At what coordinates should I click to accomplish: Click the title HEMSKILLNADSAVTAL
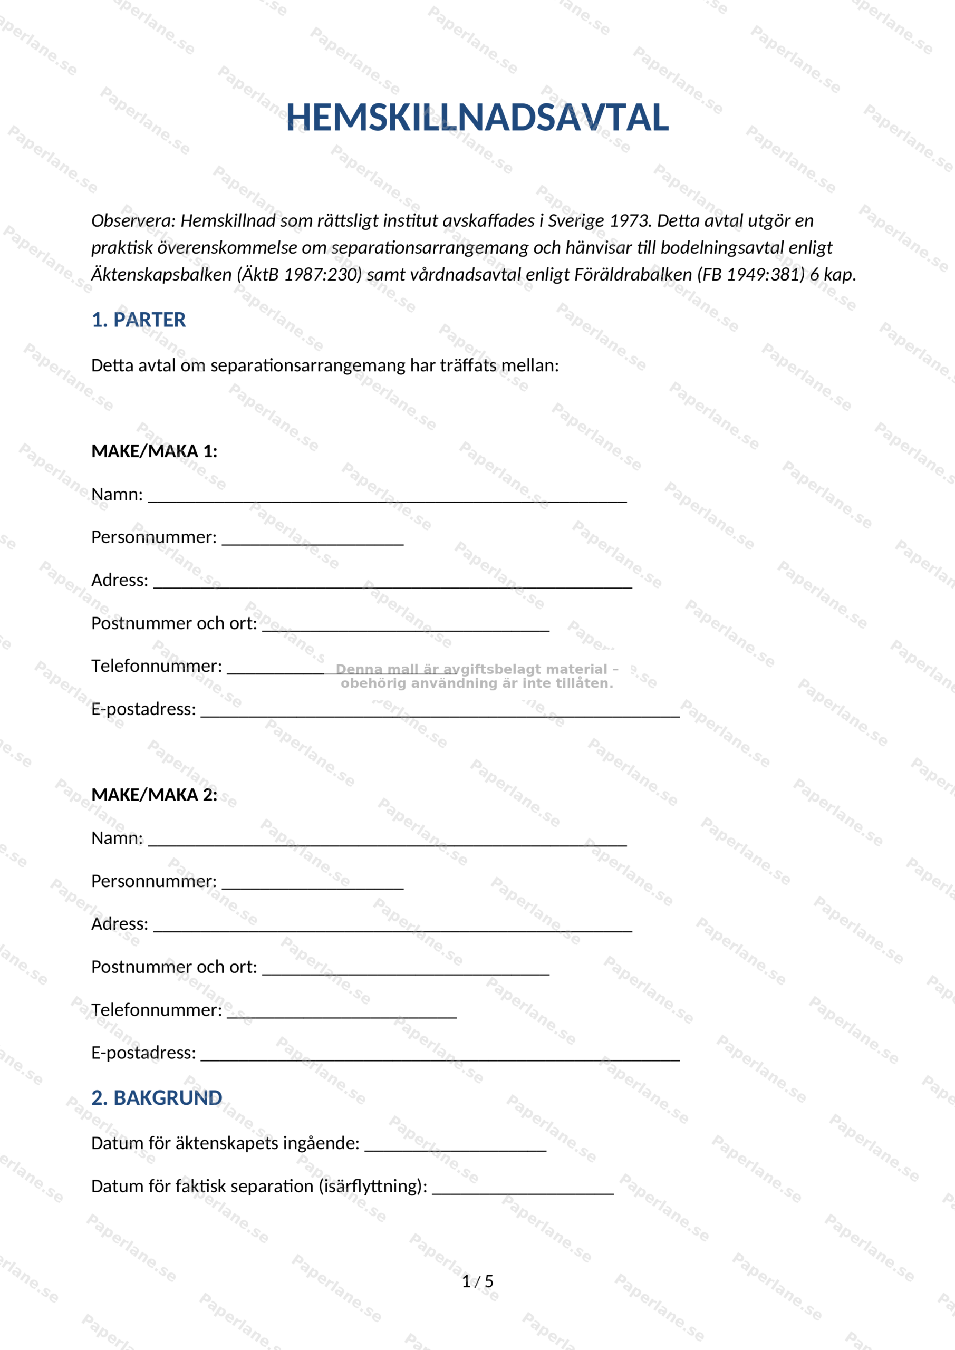(477, 118)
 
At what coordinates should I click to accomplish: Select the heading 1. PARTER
(138, 320)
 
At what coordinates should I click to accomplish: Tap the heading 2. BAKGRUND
(157, 1098)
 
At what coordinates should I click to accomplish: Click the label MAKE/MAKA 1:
(154, 451)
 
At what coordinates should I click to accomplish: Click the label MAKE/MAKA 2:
(154, 795)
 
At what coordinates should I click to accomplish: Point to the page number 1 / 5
(477, 1282)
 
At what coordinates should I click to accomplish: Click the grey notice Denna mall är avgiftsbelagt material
(477, 676)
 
